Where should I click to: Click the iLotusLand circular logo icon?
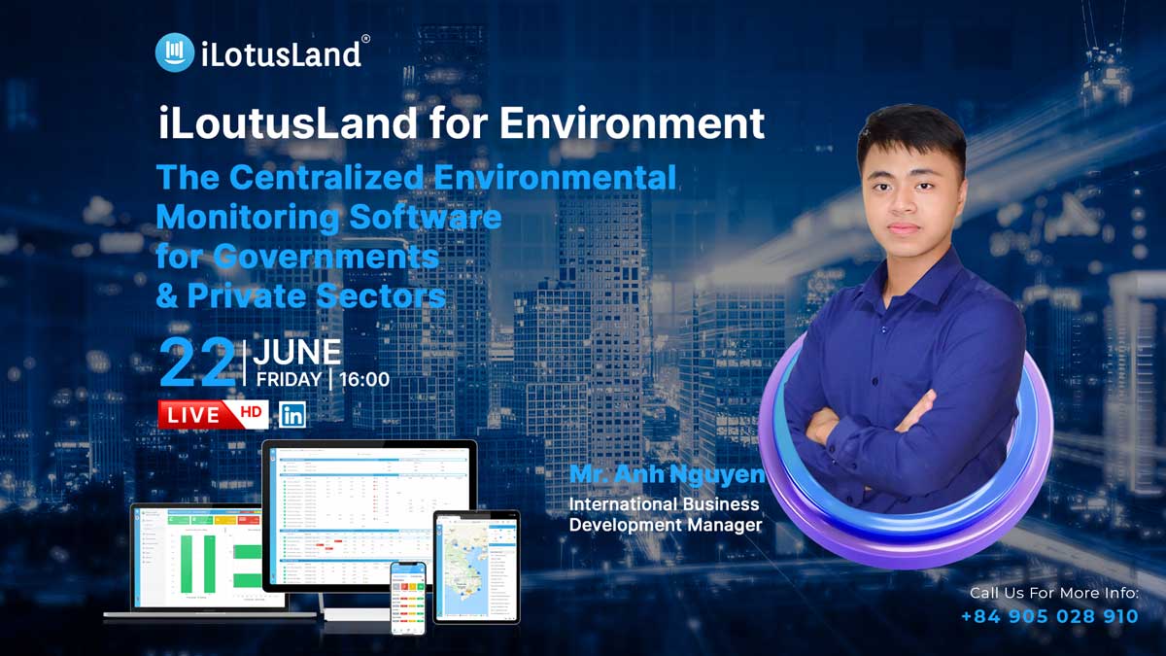tap(175, 52)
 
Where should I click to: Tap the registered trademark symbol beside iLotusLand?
tap(365, 39)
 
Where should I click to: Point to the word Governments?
tap(326, 257)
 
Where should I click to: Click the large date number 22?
tap(197, 363)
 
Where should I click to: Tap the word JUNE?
tap(297, 352)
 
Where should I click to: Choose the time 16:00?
tap(364, 379)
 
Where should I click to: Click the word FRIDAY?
tap(290, 379)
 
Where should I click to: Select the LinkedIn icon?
tap(291, 415)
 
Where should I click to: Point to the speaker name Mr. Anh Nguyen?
tap(667, 475)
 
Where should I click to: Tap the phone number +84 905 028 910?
tap(1049, 616)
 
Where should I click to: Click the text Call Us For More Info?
tap(1053, 592)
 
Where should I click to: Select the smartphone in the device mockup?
tap(408, 598)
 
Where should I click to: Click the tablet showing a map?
tap(476, 567)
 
